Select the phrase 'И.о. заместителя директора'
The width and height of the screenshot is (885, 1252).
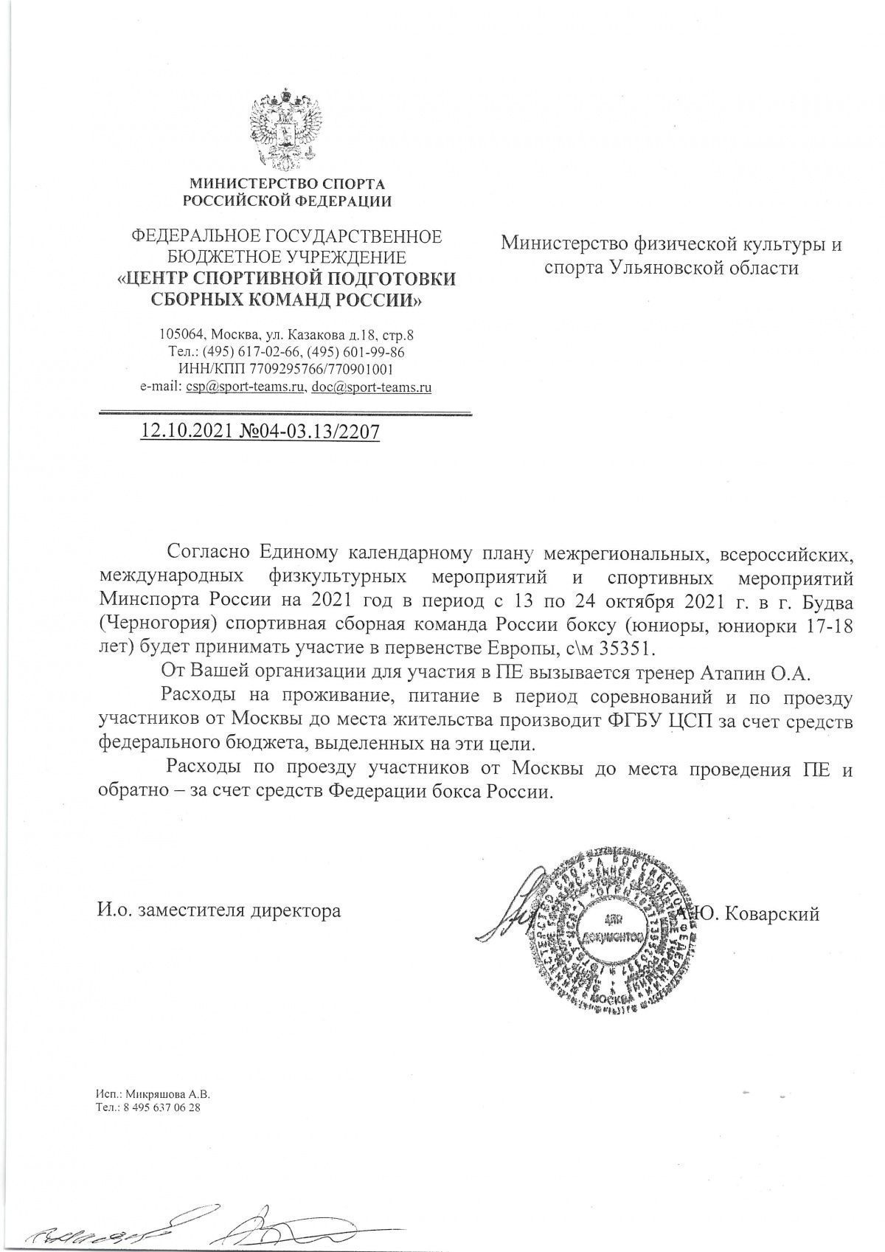(219, 910)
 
